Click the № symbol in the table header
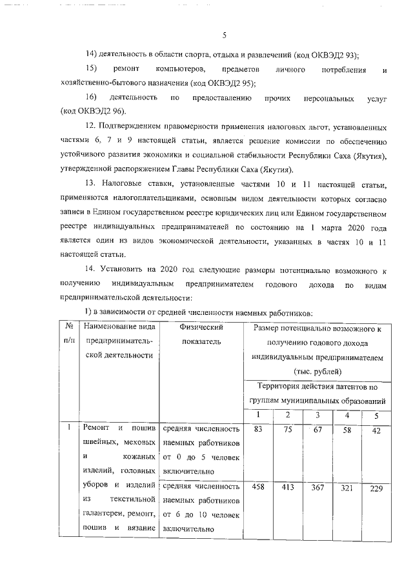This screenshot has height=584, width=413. click(x=66, y=328)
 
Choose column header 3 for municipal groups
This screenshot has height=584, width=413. click(x=317, y=414)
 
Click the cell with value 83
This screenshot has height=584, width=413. click(x=258, y=428)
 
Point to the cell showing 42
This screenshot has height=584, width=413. click(x=376, y=430)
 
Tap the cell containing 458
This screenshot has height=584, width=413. click(x=258, y=488)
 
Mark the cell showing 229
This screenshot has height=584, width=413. click(x=376, y=489)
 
